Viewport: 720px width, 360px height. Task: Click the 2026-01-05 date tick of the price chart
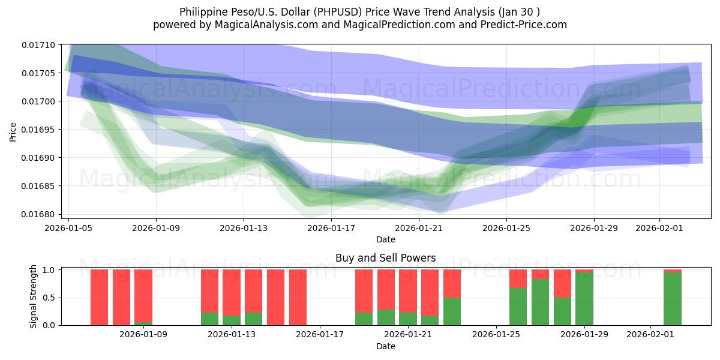[69, 228]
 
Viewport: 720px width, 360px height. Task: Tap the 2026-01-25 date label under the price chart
[506, 228]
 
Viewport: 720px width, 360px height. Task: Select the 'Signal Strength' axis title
[34, 296]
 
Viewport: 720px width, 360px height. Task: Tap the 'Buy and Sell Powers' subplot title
[385, 259]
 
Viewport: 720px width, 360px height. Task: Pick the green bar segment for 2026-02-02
[673, 299]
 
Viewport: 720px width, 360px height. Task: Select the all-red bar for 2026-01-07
[121, 297]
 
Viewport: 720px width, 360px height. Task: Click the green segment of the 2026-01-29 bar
[584, 299]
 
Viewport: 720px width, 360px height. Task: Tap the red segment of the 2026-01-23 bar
[452, 283]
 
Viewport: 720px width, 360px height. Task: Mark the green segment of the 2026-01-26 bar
[518, 307]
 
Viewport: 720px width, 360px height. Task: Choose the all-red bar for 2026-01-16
[298, 297]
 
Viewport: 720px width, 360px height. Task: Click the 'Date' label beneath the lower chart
[385, 346]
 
